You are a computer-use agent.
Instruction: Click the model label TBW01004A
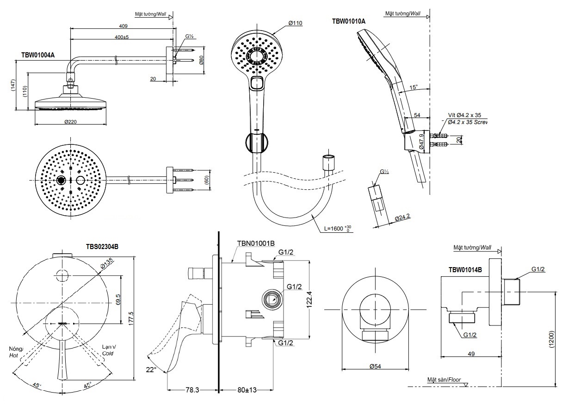[x=38, y=55]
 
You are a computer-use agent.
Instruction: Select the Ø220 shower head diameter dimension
[x=70, y=122]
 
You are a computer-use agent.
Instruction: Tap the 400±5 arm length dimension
[x=122, y=37]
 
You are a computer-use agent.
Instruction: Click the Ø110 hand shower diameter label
[x=295, y=23]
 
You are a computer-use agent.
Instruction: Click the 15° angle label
[x=413, y=87]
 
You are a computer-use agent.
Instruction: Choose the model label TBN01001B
[x=256, y=243]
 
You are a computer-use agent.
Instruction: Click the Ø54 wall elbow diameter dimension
[x=375, y=366]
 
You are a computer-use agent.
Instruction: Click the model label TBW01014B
[x=465, y=269]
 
